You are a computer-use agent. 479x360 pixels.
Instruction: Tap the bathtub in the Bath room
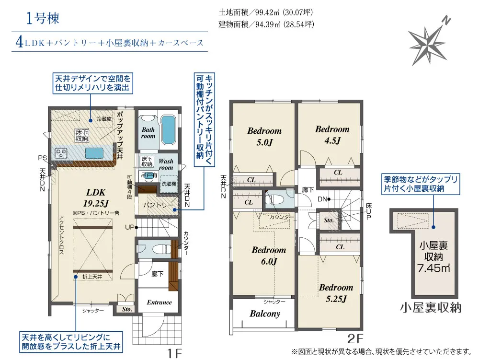pos(168,129)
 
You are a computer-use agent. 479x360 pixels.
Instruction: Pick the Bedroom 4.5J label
pos(332,134)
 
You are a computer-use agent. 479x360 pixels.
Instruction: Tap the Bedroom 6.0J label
pos(268,255)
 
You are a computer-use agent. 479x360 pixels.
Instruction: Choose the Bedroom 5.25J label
pos(336,293)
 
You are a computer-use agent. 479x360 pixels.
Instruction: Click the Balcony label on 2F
pos(265,314)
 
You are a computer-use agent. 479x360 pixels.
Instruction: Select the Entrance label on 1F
pos(159,302)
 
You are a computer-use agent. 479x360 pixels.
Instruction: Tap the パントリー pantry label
pos(156,205)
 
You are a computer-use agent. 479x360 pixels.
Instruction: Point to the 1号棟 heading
pos(43,19)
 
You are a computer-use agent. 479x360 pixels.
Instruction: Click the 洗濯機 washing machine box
pos(169,184)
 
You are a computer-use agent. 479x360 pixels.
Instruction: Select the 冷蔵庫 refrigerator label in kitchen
pos(104,118)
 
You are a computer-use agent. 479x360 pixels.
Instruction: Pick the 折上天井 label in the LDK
pos(91,277)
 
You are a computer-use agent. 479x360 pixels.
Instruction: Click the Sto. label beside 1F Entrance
pos(126,310)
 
